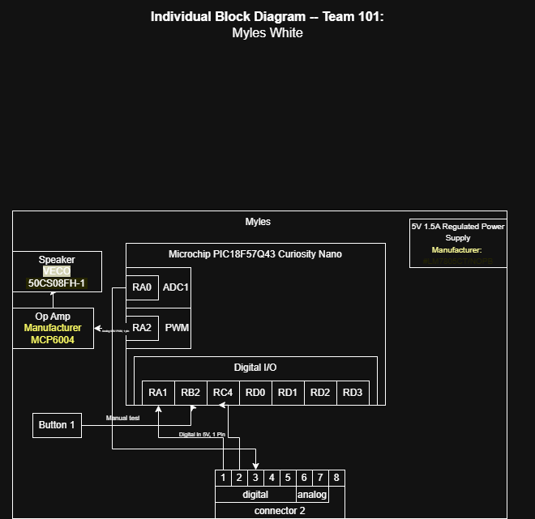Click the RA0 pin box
(142, 287)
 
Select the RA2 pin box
(142, 328)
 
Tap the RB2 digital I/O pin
(190, 393)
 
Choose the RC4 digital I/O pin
(223, 393)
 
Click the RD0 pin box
(255, 393)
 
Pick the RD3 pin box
(353, 393)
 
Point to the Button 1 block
(57, 425)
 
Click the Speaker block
(57, 271)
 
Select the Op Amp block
(53, 328)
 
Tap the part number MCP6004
(53, 340)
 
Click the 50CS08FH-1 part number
(57, 283)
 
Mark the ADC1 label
(176, 287)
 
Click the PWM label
(177, 328)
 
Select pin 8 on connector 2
(336, 478)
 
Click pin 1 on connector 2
(223, 478)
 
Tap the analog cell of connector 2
(312, 494)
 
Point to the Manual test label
(123, 419)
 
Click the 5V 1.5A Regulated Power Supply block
(458, 243)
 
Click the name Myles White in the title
(267, 33)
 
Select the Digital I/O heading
(255, 368)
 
